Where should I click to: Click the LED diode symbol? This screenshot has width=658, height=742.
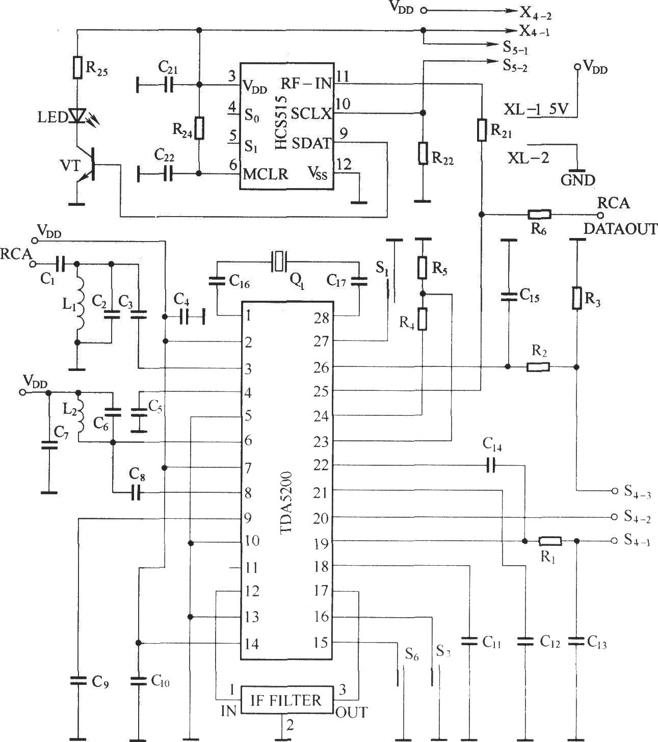pyautogui.click(x=77, y=115)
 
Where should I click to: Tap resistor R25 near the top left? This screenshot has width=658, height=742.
pyautogui.click(x=77, y=67)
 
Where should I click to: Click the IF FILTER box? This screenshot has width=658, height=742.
pyautogui.click(x=286, y=700)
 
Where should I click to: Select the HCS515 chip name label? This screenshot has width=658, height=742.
pyautogui.click(x=281, y=123)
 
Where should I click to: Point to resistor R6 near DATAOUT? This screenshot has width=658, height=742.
pyautogui.click(x=539, y=214)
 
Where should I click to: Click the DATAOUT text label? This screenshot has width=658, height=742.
pyautogui.click(x=620, y=229)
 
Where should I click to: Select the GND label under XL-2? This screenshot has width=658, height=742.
pyautogui.click(x=578, y=180)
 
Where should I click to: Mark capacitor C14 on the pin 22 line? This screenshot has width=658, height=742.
pyautogui.click(x=491, y=466)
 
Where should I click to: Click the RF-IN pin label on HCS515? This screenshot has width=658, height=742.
pyautogui.click(x=306, y=84)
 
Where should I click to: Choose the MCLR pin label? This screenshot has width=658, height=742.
pyautogui.click(x=265, y=174)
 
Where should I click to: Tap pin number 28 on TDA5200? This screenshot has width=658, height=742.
pyautogui.click(x=321, y=318)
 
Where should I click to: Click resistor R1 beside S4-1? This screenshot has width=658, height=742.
pyautogui.click(x=550, y=541)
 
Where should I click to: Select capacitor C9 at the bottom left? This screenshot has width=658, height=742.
pyautogui.click(x=78, y=680)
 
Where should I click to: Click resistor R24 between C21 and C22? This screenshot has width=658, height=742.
pyautogui.click(x=199, y=128)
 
